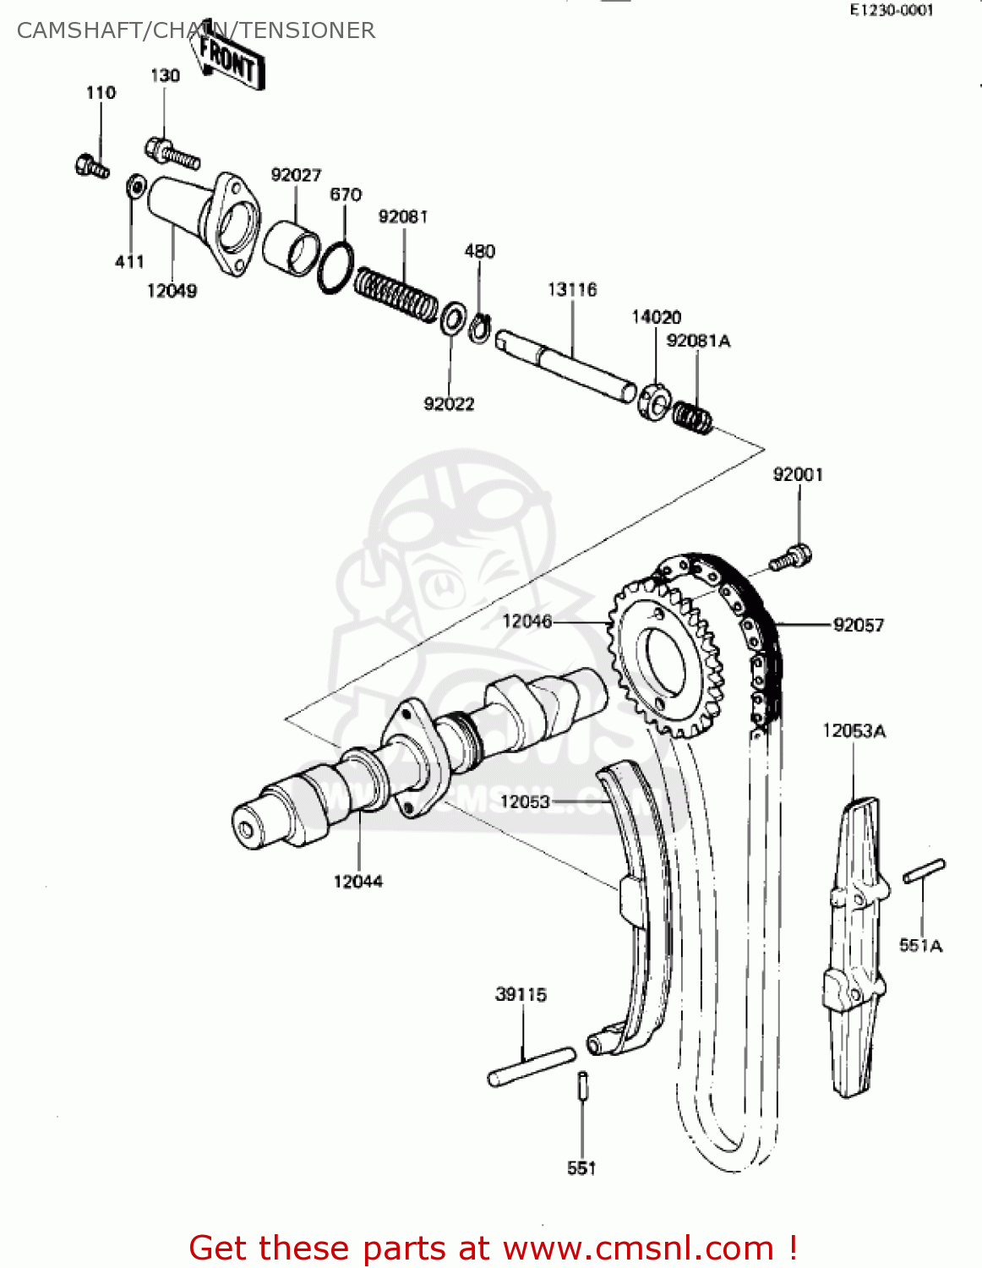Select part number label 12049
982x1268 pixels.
coord(172,291)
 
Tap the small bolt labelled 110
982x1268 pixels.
coord(91,166)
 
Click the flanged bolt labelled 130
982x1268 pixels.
coord(172,153)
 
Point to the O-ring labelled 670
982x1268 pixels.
coord(336,267)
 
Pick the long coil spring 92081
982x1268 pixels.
coord(396,294)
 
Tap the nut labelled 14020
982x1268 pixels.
coord(655,401)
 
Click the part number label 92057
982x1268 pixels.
coord(858,626)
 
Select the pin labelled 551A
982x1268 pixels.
coord(924,872)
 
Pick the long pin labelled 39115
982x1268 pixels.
coord(532,1066)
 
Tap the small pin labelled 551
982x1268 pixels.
coord(582,1085)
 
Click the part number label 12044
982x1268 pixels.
coord(357,882)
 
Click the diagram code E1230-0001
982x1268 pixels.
coord(892,10)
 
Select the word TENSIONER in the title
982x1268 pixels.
coord(305,30)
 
